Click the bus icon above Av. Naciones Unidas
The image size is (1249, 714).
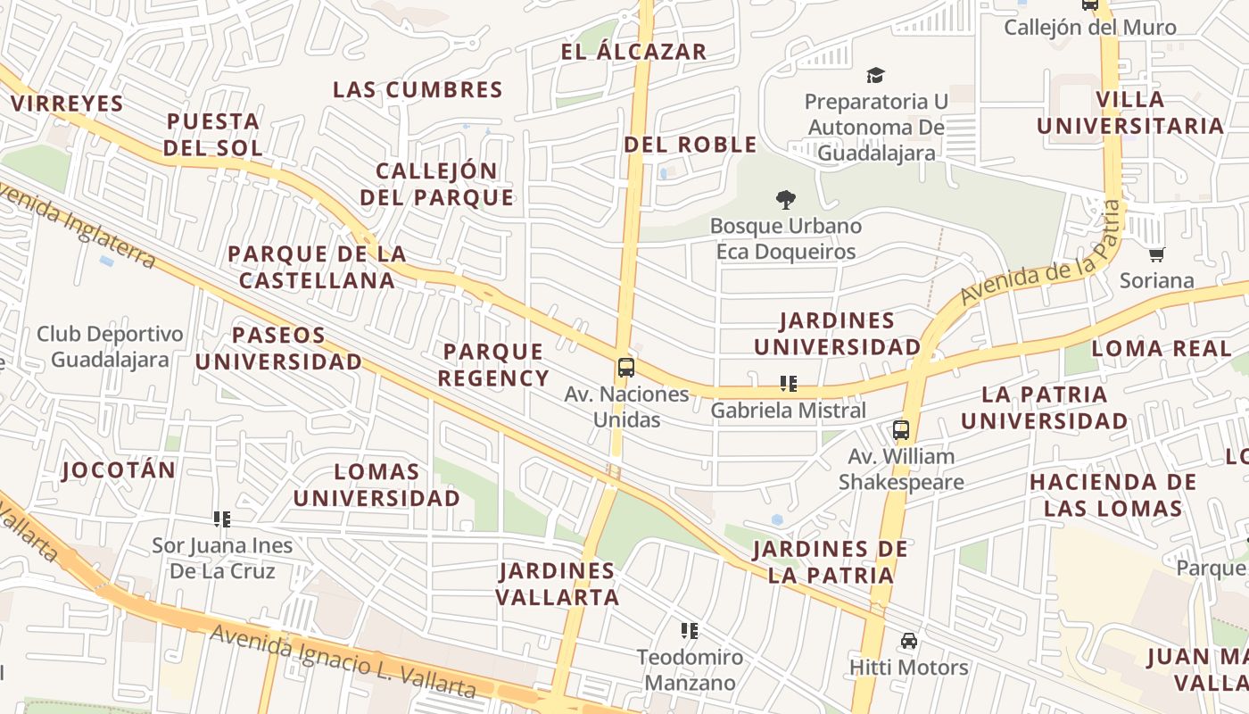626,368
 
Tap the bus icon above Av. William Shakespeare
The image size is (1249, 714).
901,430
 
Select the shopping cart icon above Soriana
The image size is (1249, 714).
1157,255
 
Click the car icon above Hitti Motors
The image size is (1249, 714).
908,641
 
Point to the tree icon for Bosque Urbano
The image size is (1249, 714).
786,200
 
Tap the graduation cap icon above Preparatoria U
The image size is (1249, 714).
876,76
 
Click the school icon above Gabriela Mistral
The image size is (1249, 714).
788,384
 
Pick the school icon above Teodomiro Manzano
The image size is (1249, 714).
689,631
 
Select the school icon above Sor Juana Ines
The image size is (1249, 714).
222,519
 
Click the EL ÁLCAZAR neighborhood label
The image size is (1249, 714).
633,52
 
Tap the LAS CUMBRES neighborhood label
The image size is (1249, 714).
418,90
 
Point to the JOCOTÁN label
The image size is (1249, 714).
119,470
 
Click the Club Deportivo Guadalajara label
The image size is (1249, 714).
110,346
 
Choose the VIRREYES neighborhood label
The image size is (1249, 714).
67,104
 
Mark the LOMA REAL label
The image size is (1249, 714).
1161,349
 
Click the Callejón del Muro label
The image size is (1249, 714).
1090,28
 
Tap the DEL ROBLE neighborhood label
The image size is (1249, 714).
690,145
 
